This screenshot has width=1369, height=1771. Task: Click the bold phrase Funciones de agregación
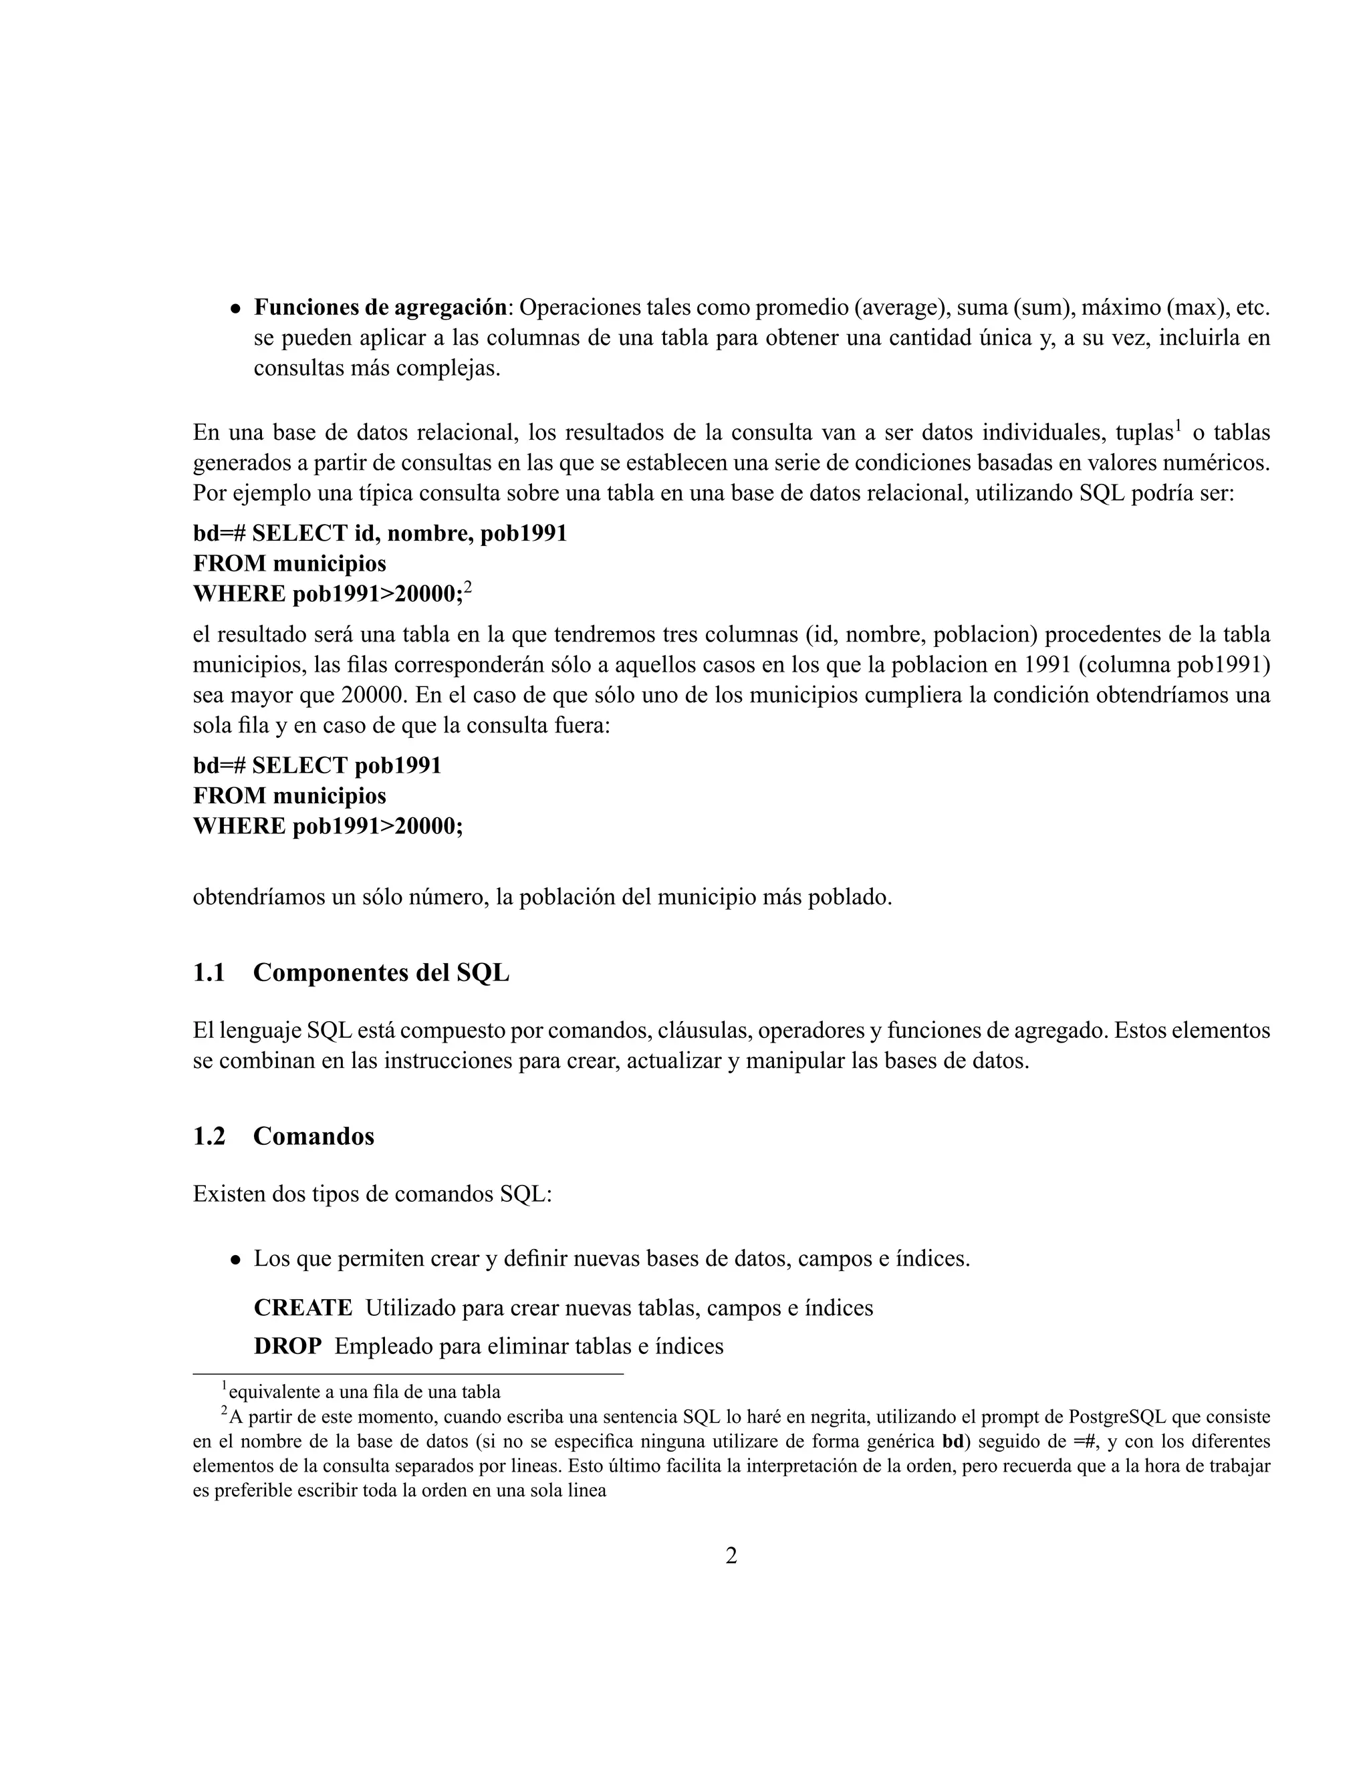[380, 307]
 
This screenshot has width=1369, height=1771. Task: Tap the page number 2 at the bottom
[731, 1556]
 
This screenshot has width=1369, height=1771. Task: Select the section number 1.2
[209, 1136]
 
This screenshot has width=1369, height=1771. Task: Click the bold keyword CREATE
[303, 1308]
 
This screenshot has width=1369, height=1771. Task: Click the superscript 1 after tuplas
[1178, 424]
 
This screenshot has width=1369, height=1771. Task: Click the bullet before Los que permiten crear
[235, 1260]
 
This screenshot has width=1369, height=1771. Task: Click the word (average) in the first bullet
[901, 308]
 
